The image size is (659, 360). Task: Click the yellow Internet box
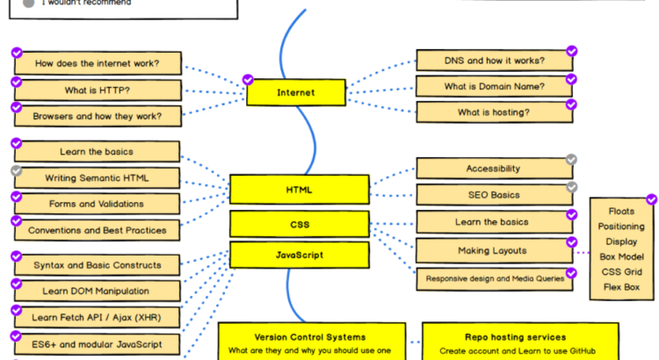coord(295,92)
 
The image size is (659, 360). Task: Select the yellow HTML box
coord(299,189)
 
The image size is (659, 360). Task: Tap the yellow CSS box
coord(299,224)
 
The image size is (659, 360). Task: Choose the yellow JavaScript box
coord(299,256)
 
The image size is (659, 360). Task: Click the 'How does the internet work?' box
coord(98,63)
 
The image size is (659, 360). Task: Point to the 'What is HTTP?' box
coord(98,90)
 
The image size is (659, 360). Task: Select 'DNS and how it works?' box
coord(493,61)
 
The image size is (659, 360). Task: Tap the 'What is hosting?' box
coord(493,112)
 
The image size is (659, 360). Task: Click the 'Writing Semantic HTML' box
coord(98,178)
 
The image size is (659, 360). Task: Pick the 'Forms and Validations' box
coord(98,204)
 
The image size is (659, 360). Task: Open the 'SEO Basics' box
coord(493,195)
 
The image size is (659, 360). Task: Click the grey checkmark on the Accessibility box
coord(571,160)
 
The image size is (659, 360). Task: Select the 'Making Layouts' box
coord(493,250)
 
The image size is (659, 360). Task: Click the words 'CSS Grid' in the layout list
coord(622,273)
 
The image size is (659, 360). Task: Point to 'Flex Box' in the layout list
coord(622,287)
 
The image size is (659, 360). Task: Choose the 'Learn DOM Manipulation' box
coord(98,291)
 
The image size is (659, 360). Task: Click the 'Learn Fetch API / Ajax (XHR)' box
coord(98,316)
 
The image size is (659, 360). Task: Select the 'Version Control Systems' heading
coord(310,336)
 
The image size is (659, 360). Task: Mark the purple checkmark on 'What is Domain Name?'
coord(571,78)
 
